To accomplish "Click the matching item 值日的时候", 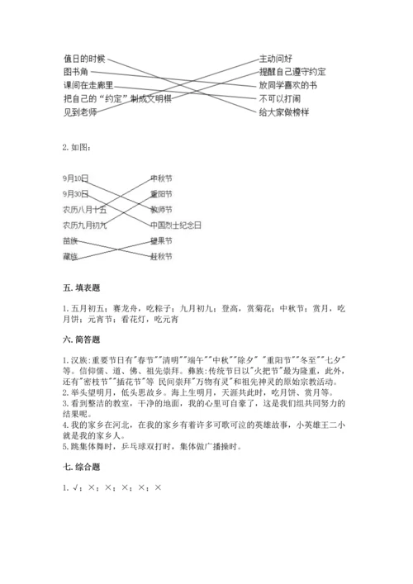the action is [84, 59].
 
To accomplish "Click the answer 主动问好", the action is [275, 59].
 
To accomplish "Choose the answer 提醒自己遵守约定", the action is [292, 72].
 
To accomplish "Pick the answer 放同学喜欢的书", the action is [287, 85].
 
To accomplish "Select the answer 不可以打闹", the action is [279, 98].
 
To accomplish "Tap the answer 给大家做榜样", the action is [283, 112].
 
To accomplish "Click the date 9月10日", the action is [74, 178].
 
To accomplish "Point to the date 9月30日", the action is [74, 193].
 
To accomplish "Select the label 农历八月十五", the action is [83, 209].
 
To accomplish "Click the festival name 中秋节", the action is [161, 178].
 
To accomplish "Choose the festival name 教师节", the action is [161, 209].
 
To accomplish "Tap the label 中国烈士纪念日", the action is [175, 224].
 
